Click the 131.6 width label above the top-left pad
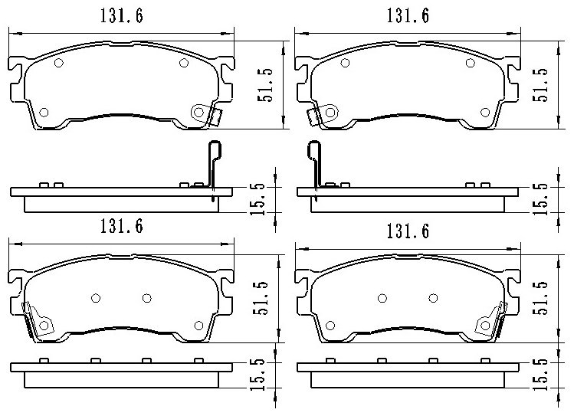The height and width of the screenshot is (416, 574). tap(122, 16)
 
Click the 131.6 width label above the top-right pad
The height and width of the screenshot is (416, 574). tap(408, 16)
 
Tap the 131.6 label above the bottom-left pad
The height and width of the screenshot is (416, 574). tap(122, 226)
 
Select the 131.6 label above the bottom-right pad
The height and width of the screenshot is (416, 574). tap(408, 231)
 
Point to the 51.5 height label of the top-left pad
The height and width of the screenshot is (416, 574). tap(265, 85)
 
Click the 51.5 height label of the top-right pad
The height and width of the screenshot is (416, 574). tap(540, 85)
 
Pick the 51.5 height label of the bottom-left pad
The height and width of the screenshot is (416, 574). tap(261, 298)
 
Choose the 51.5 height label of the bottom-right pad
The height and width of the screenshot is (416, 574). tap(540, 298)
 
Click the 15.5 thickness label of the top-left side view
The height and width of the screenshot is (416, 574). tap(257, 199)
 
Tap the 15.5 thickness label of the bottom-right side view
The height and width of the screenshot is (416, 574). tap(540, 375)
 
